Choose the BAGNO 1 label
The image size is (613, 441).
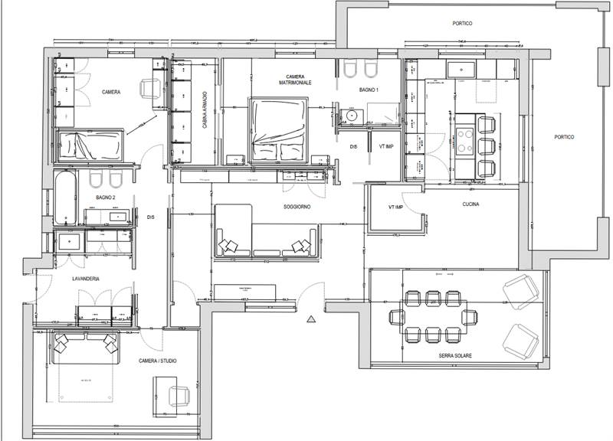click(x=369, y=90)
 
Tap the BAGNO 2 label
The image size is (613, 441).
click(x=106, y=198)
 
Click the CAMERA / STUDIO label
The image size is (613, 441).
click(x=159, y=361)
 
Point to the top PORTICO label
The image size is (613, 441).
click(x=462, y=24)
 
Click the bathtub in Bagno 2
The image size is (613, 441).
click(x=65, y=197)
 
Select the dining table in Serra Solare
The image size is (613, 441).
click(x=433, y=315)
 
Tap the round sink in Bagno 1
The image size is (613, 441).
click(x=351, y=116)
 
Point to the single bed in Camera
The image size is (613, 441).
click(x=90, y=143)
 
